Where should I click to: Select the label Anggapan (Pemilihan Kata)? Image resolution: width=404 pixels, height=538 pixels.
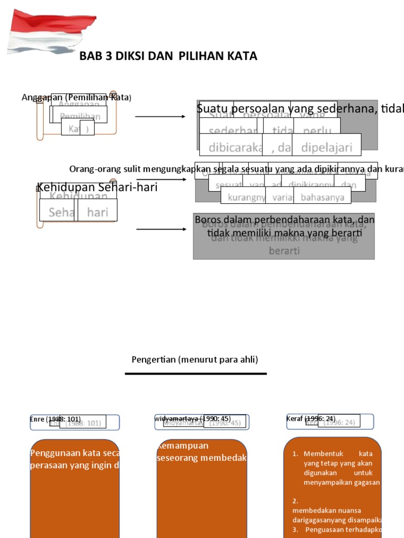tap(77, 97)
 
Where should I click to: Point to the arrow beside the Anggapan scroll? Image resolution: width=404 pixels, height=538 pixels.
tap(160, 116)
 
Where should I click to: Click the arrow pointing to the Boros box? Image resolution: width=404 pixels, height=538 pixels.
tap(160, 230)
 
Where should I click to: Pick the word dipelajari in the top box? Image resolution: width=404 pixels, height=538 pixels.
tap(326, 148)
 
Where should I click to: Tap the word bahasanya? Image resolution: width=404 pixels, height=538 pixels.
tap(322, 198)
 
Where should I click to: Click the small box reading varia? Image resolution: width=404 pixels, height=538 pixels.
tap(279, 198)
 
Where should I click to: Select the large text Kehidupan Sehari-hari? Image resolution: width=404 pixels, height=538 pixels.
tap(97, 187)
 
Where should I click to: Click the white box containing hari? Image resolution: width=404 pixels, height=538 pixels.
tap(97, 212)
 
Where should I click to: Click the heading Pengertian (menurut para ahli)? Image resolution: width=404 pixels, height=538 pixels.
tap(195, 359)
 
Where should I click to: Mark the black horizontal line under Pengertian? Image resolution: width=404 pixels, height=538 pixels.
tap(196, 374)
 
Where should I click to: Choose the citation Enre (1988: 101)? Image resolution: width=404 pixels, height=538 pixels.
tap(55, 419)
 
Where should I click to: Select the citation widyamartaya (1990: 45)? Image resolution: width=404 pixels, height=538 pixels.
tap(193, 419)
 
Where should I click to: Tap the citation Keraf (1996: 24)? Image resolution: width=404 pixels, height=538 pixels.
tap(310, 419)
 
